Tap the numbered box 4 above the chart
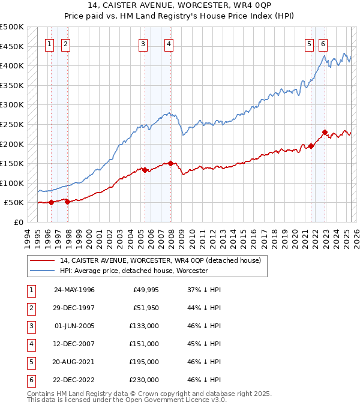point(169,43)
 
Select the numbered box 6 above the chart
point(323,43)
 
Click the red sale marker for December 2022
point(325,133)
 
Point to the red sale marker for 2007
point(171,163)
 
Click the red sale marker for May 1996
point(52,202)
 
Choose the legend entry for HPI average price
point(133,271)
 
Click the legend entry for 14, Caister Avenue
point(160,261)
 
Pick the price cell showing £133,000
point(144,326)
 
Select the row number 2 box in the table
point(31,308)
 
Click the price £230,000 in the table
point(144,380)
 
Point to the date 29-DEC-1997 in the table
point(74,308)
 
